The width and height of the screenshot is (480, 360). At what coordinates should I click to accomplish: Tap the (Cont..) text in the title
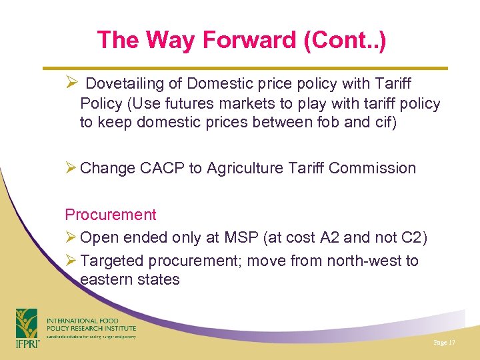[x=345, y=41]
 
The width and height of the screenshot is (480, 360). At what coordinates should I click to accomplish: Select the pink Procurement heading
[x=111, y=215]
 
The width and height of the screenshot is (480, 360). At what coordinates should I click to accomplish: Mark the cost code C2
[x=413, y=238]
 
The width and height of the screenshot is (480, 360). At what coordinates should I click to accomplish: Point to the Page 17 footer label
[x=443, y=342]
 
